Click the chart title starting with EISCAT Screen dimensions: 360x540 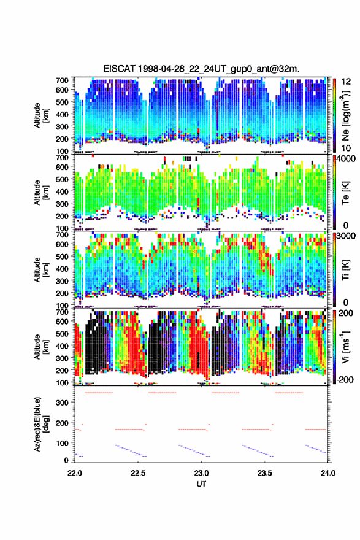coord(201,69)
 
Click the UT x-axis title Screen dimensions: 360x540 coord(201,484)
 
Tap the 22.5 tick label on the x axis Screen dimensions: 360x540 coord(138,473)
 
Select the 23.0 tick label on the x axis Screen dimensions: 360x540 coord(201,473)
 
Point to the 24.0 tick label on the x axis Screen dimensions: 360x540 coord(328,473)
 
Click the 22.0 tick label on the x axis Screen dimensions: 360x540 coord(75,473)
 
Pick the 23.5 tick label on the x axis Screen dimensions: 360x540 coord(265,473)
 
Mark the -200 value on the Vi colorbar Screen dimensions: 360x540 coord(343,380)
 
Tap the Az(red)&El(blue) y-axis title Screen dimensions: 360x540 coord(40,424)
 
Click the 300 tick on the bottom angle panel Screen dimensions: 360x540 coord(63,403)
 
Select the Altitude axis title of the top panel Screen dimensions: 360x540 coord(40,115)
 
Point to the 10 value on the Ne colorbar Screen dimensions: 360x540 coord(346,148)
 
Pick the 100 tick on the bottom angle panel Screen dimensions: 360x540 coord(63,443)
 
